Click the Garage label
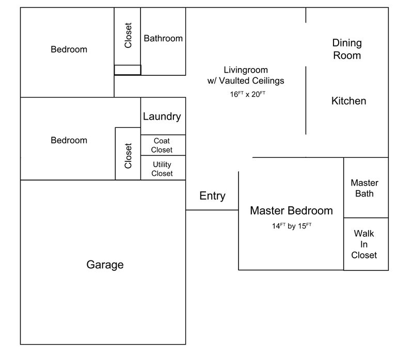(x=105, y=265)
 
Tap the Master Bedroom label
(x=291, y=210)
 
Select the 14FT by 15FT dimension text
(x=291, y=225)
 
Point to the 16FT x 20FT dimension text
(x=248, y=94)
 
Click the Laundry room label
(x=162, y=116)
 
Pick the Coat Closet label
(x=162, y=145)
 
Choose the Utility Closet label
(x=162, y=169)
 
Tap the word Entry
(x=212, y=196)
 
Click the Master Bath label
(x=364, y=188)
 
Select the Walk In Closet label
(x=364, y=244)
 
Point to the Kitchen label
(x=348, y=101)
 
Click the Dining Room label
(x=347, y=49)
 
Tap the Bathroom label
(x=163, y=38)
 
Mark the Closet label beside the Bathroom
(x=129, y=36)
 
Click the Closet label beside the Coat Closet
(x=129, y=155)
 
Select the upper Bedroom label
(x=69, y=50)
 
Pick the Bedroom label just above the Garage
(x=69, y=140)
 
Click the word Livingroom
(x=246, y=70)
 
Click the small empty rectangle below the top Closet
(x=127, y=70)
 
